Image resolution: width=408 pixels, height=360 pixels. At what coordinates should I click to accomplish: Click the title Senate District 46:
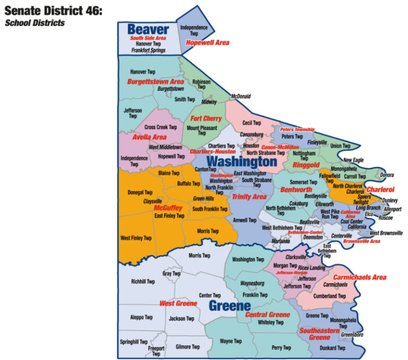(53, 11)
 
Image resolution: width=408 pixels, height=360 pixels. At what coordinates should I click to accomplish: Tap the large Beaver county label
(148, 30)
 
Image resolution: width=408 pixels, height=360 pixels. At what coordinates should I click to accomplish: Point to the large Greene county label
(229, 306)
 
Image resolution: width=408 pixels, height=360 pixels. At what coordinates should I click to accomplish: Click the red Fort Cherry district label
(206, 119)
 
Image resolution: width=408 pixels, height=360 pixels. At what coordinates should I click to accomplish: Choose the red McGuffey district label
(168, 208)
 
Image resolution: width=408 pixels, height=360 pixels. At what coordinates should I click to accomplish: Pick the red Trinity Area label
(249, 196)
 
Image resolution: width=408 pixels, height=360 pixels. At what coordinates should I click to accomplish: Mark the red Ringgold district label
(305, 165)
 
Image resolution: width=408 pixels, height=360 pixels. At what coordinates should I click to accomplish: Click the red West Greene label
(178, 303)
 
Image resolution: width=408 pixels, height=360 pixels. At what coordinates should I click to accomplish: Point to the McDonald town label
(241, 97)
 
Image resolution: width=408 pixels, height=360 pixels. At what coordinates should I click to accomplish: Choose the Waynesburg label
(252, 284)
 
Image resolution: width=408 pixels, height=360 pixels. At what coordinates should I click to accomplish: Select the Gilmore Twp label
(188, 347)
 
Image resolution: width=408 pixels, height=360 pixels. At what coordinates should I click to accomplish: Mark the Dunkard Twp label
(333, 348)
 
